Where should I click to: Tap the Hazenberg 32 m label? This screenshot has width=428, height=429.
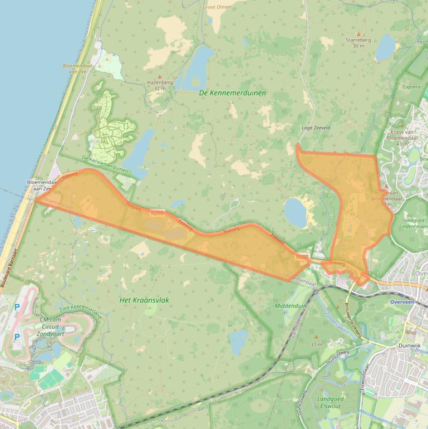pos(160,85)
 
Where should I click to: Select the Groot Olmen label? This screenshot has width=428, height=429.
pos(217,7)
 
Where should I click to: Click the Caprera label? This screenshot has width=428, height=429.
pos(411,87)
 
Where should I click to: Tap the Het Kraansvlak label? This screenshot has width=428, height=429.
pos(144,300)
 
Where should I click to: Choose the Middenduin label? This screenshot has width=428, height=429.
pos(291,306)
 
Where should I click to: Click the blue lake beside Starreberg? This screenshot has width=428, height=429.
pos(385,48)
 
